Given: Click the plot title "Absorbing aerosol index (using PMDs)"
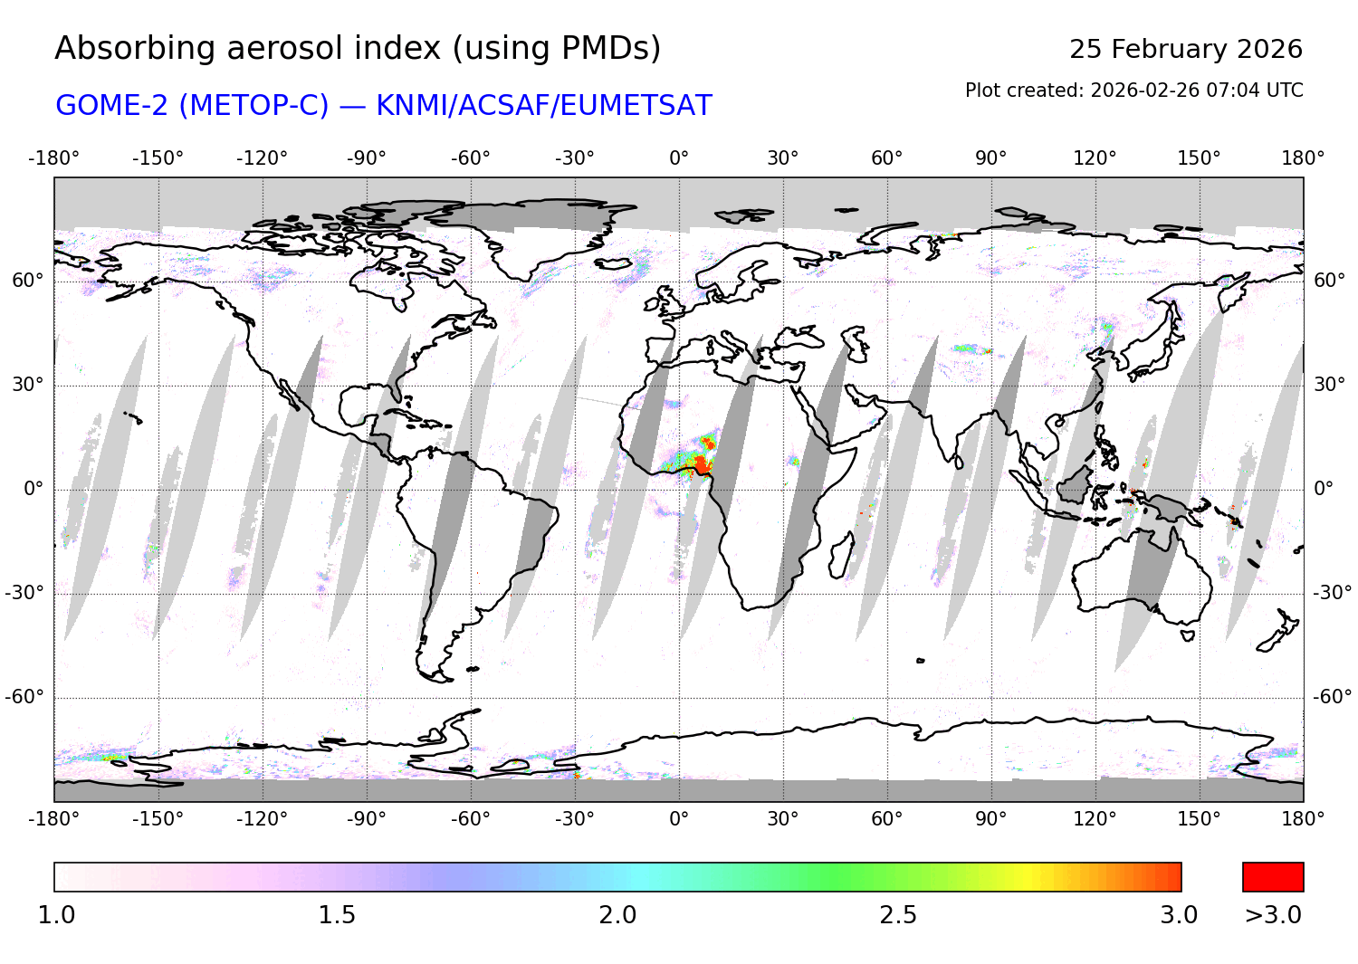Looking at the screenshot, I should pos(358,49).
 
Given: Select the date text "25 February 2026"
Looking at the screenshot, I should pos(1185,50).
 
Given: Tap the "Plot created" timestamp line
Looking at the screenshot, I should pos(1133,91).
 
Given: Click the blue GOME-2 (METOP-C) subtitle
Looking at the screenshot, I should pos(383,106).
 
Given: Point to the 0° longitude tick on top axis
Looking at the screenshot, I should pos(679,158).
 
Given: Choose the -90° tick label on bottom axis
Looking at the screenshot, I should pos(366,818).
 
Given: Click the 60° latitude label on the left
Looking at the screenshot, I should pos(28,281).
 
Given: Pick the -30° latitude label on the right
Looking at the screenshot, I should pos(1332,593).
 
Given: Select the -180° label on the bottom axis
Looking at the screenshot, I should pos(53,818).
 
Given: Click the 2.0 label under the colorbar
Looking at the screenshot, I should pos(617,915).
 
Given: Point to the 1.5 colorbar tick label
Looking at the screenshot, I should pos(336,915).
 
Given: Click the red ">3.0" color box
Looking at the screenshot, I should pos(1273,877).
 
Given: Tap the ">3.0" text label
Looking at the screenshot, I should pos(1273,915).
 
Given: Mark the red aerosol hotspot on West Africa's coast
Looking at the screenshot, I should pos(700,464).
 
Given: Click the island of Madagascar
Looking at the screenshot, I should pos(841,554).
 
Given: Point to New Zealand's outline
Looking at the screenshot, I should pos(1278,632).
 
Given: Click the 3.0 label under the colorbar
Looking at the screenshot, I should pos(1179,915).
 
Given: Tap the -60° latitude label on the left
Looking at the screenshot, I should pos(24,697).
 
